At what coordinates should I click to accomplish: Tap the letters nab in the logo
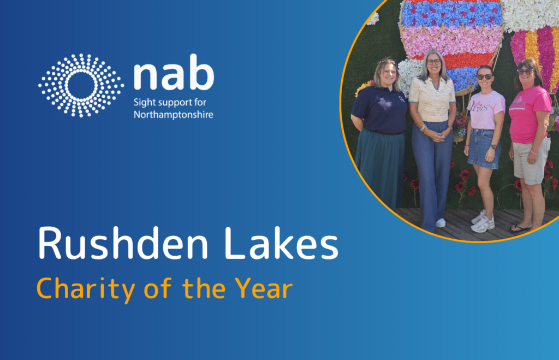point(174,73)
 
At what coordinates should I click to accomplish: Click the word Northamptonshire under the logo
point(173,115)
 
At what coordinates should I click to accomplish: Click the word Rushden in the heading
point(123,243)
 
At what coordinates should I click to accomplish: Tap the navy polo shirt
point(379,109)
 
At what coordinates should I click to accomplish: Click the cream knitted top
point(432,99)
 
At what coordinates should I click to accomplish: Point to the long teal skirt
point(379,167)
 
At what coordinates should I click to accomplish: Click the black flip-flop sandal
point(520,228)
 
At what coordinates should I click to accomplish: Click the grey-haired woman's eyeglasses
point(433,62)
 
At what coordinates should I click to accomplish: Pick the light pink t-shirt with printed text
point(486,110)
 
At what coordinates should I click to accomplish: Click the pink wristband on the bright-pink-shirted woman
point(534,152)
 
